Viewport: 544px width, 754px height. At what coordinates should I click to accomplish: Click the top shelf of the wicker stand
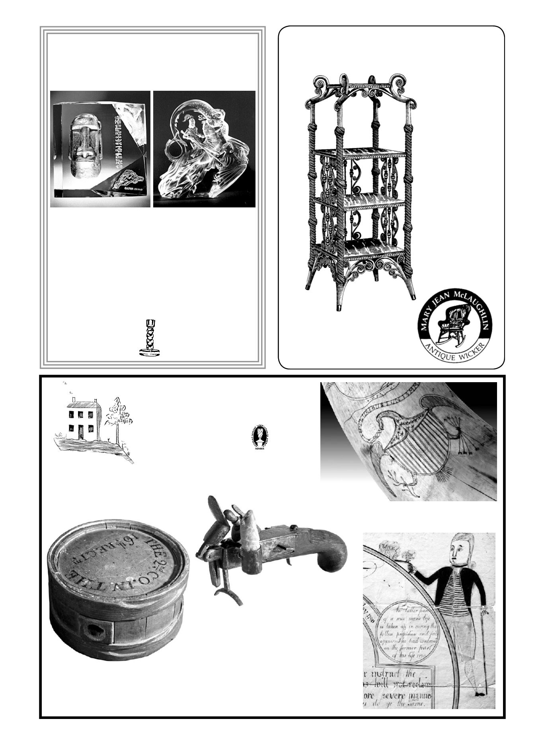coord(359,152)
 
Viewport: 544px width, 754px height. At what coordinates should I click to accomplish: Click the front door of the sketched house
coord(81,432)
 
